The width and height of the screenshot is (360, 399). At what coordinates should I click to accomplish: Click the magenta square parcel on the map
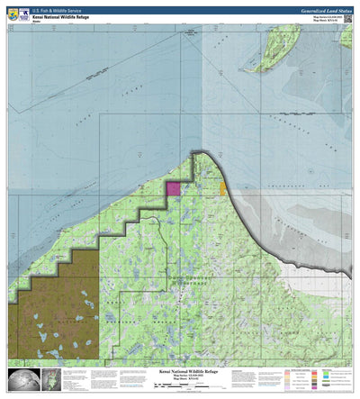click(x=172, y=188)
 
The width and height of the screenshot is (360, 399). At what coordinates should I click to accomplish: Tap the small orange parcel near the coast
click(x=222, y=189)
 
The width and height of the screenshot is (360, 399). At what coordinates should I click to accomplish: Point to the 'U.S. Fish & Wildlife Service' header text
click(x=67, y=9)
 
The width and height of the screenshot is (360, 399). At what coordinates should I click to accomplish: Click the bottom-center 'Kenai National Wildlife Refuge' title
click(x=179, y=369)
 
